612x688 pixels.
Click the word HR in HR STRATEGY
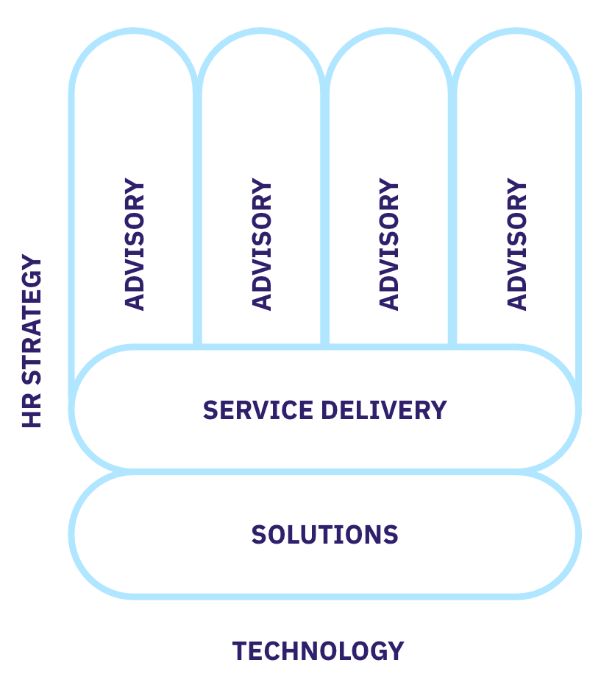[x=32, y=413]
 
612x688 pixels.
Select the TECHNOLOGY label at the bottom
[x=318, y=651]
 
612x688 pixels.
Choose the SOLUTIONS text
[x=324, y=534]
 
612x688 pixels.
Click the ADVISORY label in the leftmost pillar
[x=135, y=244]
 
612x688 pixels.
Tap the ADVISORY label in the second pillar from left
[x=262, y=244]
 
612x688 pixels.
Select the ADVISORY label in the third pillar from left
[x=389, y=244]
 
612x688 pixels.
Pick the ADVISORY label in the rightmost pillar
[x=517, y=244]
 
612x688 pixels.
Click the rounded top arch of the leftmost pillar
[x=134, y=32]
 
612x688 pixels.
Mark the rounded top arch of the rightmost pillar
[x=516, y=32]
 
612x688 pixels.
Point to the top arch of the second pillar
[x=261, y=32]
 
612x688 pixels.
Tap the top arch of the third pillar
[x=388, y=32]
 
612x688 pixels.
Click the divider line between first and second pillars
[x=197, y=221]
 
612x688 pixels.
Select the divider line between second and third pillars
[x=324, y=221]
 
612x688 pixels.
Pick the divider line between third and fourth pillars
[x=452, y=221]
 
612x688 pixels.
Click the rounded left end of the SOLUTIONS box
[x=74, y=534]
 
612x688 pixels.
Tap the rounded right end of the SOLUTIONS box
[x=577, y=534]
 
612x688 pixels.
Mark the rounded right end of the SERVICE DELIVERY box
[x=577, y=410]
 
